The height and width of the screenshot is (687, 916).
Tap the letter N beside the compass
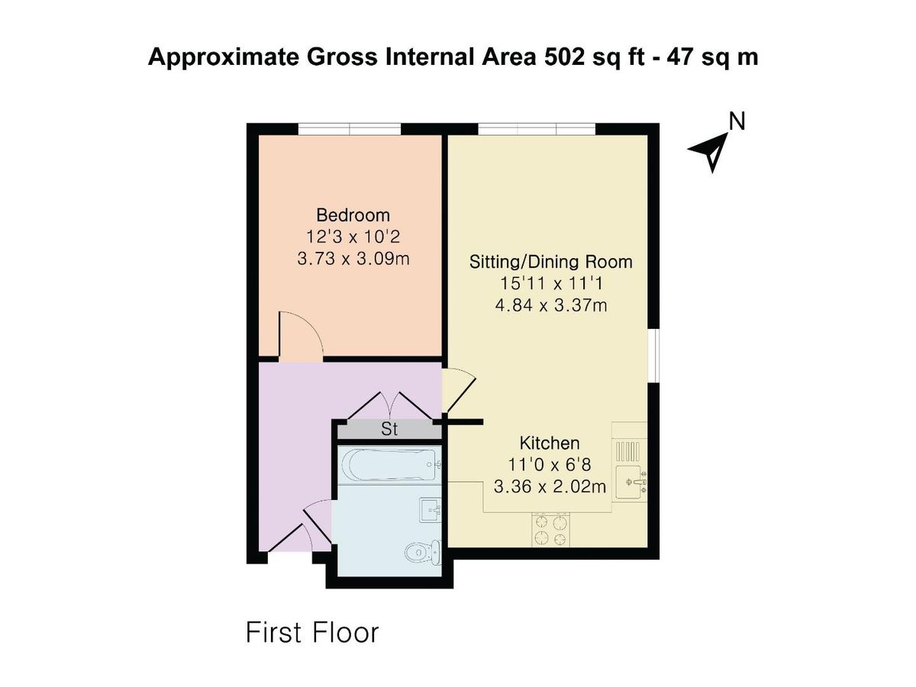pyautogui.click(x=737, y=121)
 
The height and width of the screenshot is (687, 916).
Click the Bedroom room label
pyautogui.click(x=353, y=215)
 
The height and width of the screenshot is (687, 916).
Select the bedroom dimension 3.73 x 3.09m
pyautogui.click(x=353, y=259)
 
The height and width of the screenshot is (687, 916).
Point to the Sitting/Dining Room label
pyautogui.click(x=550, y=263)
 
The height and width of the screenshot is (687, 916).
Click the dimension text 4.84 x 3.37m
pyautogui.click(x=550, y=306)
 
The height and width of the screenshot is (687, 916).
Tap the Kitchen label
pyautogui.click(x=550, y=443)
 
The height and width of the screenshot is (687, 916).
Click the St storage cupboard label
pyautogui.click(x=389, y=430)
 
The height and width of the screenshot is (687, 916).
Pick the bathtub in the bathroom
pyautogui.click(x=389, y=463)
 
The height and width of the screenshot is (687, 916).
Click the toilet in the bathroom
pyautogui.click(x=424, y=550)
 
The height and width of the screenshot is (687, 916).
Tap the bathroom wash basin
pyautogui.click(x=431, y=509)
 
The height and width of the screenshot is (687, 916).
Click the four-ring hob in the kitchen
pyautogui.click(x=551, y=531)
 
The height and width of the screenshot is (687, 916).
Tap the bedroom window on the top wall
pyautogui.click(x=349, y=128)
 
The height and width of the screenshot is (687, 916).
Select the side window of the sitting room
pyautogui.click(x=653, y=355)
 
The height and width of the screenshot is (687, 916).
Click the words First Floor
pyautogui.click(x=311, y=633)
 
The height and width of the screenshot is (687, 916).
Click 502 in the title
pyautogui.click(x=562, y=57)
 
